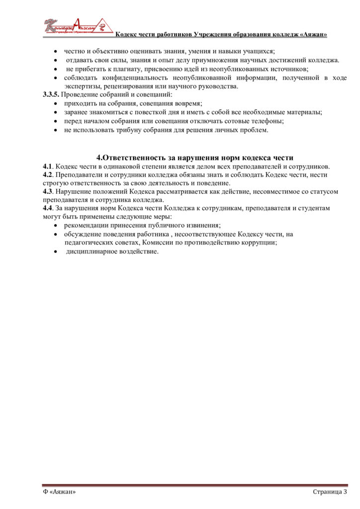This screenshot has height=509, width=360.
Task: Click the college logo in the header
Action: (x=75, y=26)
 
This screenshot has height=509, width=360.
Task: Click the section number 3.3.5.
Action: (x=51, y=94)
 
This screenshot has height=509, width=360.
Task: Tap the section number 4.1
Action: (x=47, y=167)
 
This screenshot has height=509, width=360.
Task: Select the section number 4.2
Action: (x=47, y=175)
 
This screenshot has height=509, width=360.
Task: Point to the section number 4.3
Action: (x=47, y=192)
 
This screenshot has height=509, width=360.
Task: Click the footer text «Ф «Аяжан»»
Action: (x=59, y=492)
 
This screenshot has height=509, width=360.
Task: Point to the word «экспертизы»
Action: (x=83, y=86)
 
